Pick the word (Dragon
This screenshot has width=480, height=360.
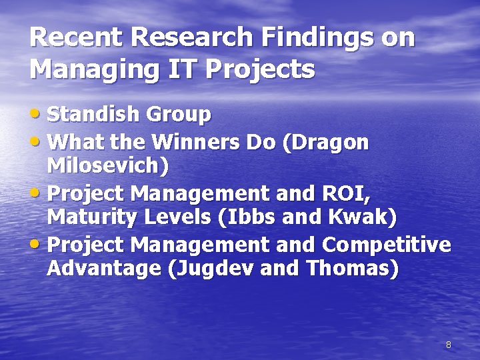click(326, 142)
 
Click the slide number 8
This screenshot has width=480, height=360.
click(449, 345)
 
